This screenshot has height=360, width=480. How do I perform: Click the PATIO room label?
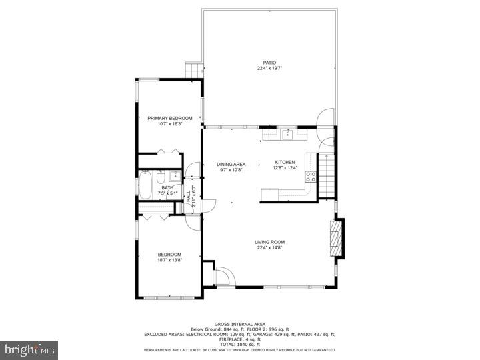[269, 63]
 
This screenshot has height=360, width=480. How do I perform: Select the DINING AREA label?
[232, 164]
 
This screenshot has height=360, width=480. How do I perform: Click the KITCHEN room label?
[285, 162]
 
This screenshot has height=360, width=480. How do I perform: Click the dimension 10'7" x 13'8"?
[169, 260]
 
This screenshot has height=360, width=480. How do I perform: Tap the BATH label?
[167, 188]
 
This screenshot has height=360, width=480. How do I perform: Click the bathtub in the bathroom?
[145, 186]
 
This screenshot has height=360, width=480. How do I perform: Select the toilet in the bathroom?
[161, 177]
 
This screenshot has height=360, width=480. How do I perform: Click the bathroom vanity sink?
[174, 177]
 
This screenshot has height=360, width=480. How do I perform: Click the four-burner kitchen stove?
[311, 177]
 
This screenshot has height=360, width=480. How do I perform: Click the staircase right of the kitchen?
[327, 175]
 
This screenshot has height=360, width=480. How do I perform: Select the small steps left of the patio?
[193, 69]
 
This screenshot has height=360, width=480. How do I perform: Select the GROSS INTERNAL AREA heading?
[239, 323]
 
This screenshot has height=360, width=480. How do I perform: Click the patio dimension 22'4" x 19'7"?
[269, 68]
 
